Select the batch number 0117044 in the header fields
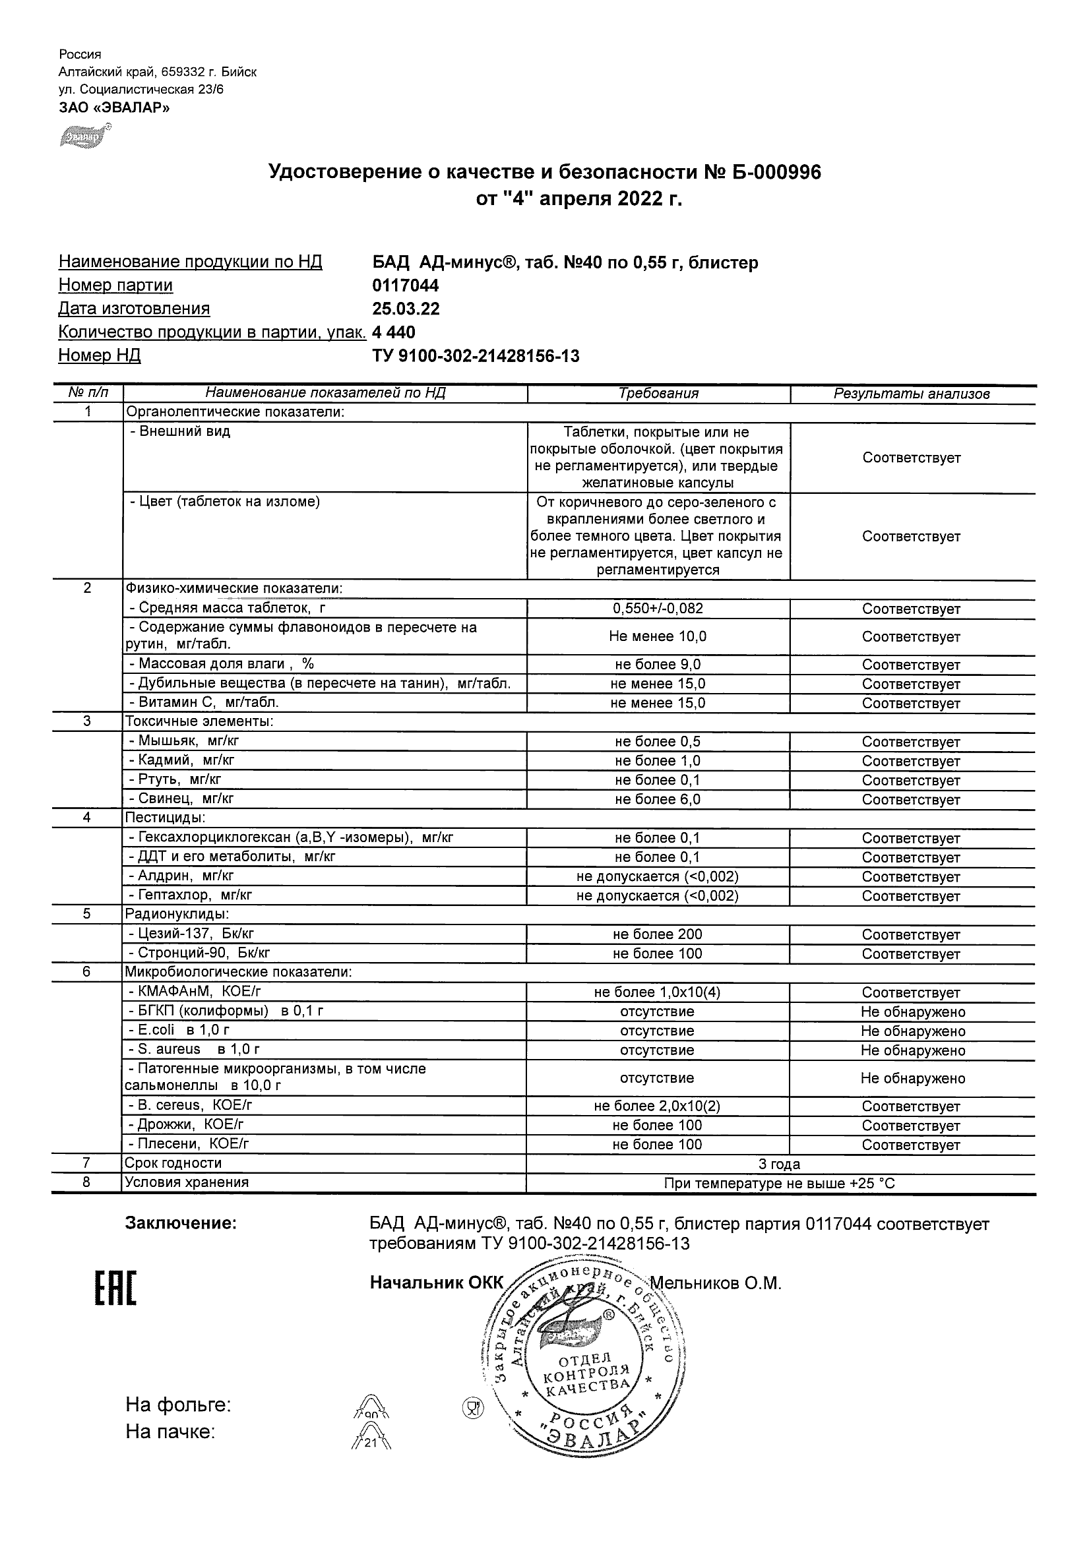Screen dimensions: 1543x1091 click(x=406, y=286)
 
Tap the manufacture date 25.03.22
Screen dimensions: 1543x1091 click(x=406, y=309)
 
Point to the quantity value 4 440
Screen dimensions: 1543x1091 click(x=394, y=332)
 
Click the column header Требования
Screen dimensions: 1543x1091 click(x=658, y=394)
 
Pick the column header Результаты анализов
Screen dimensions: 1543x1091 click(x=912, y=394)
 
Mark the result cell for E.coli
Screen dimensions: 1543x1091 click(x=912, y=1031)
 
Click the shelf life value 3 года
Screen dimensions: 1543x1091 click(x=779, y=1164)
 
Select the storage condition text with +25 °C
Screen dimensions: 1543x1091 click(x=779, y=1184)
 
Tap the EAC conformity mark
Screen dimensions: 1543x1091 click(x=115, y=1289)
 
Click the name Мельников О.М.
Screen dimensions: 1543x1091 click(x=716, y=1283)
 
